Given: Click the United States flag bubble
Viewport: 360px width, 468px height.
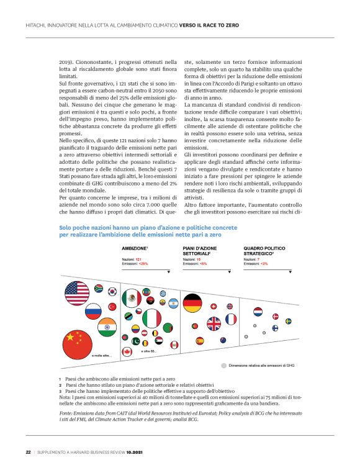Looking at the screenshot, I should point(77,292).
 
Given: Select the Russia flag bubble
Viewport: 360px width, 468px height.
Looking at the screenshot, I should point(93,310).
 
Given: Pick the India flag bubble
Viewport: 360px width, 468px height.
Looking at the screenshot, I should point(107,326).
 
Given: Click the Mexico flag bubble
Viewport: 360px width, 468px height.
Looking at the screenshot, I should point(132,298).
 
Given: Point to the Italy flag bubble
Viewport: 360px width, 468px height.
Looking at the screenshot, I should point(152,318).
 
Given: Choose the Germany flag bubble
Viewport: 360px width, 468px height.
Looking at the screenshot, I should point(192,304).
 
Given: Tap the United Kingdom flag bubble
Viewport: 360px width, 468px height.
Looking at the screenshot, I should point(214,323).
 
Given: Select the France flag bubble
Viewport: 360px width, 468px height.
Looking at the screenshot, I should point(231,319).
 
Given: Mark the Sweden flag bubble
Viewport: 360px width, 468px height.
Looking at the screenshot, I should point(289,321).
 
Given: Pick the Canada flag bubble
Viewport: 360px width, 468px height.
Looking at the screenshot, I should point(128,352).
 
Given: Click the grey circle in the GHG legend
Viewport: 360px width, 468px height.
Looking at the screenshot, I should point(223,366).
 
